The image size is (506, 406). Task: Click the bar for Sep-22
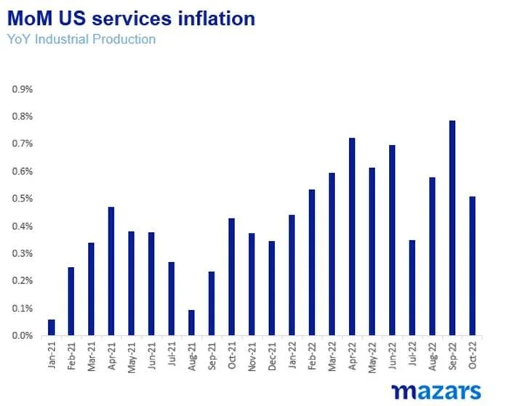(452, 228)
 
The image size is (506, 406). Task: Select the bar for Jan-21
(52, 327)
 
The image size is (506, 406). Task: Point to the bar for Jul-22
(412, 287)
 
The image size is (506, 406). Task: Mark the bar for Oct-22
(473, 266)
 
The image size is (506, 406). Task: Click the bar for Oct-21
(232, 276)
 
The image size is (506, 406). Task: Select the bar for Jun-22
(392, 240)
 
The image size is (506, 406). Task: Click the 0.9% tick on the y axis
(22, 89)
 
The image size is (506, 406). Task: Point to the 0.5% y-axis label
(22, 199)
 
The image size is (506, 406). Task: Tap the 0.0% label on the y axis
(22, 335)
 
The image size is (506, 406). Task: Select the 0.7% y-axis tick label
(22, 143)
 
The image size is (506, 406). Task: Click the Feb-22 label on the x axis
(312, 356)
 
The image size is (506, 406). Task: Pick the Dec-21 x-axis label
(272, 356)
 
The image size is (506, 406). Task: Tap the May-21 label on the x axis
(132, 356)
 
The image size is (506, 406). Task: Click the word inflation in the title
(211, 17)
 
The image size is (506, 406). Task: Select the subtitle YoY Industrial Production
(81, 39)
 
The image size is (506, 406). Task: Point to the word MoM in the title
(31, 17)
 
